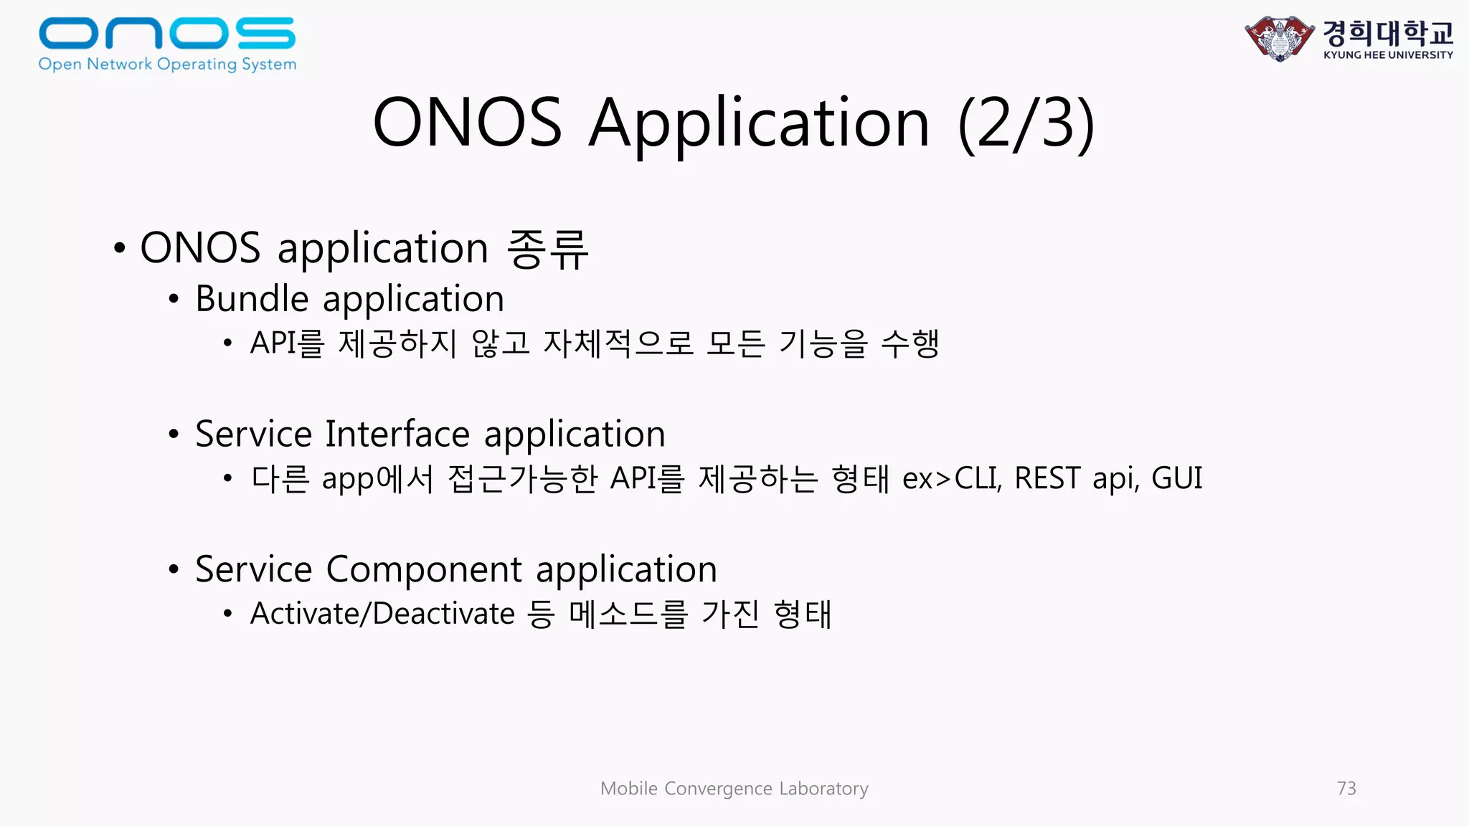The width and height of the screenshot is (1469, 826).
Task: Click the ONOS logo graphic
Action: pos(166,34)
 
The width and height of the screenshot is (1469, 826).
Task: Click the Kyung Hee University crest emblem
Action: pos(1279,38)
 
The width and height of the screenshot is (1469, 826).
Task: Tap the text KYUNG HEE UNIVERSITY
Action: pos(1388,55)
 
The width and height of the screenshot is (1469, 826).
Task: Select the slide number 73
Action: pos(1346,788)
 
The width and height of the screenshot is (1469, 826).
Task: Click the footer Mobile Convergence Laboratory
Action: pos(734,788)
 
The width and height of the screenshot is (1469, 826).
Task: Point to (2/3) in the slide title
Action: pos(1026,123)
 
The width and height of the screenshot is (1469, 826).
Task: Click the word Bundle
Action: pos(252,298)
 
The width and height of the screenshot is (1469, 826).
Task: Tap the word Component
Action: pos(424,569)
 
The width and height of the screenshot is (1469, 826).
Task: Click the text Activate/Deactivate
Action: pos(382,614)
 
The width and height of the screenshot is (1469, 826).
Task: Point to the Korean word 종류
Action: pos(547,249)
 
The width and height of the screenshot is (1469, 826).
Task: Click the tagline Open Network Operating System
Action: pos(167,64)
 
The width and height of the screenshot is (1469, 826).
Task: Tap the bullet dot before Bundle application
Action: pos(174,300)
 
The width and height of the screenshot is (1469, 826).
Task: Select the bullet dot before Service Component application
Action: pos(174,570)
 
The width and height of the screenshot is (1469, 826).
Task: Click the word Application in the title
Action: pos(759,123)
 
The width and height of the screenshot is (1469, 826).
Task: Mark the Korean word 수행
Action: pos(910,343)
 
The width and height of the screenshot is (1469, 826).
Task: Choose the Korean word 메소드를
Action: pos(628,614)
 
